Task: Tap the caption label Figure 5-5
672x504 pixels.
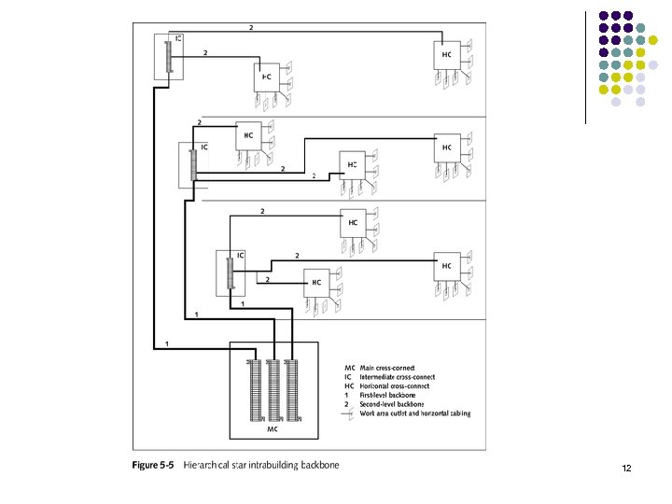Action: click(x=153, y=464)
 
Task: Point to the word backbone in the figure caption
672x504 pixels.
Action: click(x=317, y=464)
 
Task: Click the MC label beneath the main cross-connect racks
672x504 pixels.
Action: click(x=273, y=430)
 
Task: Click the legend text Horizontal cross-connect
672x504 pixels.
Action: click(x=393, y=385)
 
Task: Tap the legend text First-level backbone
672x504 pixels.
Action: click(x=386, y=395)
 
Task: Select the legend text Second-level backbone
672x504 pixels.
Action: click(x=391, y=404)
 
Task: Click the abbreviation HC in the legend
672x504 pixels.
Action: click(x=349, y=385)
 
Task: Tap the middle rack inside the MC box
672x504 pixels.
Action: click(x=273, y=389)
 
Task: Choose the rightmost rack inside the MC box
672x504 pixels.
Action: click(x=294, y=389)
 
